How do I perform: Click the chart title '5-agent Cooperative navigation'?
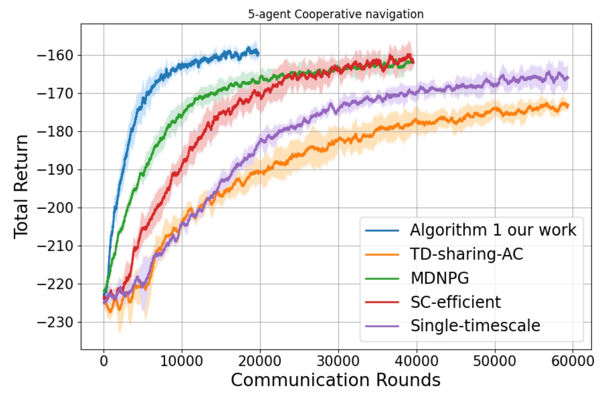336,14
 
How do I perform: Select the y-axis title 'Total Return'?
21,187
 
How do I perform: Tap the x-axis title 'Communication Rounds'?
336,380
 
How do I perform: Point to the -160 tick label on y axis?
55,56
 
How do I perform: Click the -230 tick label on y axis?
55,322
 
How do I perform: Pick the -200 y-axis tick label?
55,208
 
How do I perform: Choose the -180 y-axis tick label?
55,132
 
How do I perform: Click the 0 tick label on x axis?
104,361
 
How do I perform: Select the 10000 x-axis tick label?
182,361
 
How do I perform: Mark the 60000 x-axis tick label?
572,361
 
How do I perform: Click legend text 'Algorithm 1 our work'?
493,230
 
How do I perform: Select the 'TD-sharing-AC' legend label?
466,254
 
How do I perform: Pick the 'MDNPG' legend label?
439,278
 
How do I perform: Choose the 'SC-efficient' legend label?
455,302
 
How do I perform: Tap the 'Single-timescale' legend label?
475,326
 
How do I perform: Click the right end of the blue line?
258,54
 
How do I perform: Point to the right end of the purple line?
568,78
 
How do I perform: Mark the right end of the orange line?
568,106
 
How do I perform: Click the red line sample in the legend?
382,302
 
